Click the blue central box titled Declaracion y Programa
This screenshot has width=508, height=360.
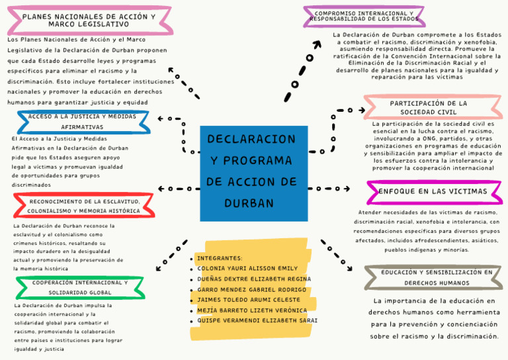[254, 173]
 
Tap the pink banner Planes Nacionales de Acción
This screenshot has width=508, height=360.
[90, 20]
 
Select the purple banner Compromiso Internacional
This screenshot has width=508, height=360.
[364, 16]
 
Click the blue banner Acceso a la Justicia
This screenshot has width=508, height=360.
[83, 122]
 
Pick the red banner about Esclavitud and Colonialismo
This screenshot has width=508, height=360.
[84, 205]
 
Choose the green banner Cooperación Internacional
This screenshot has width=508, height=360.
[80, 287]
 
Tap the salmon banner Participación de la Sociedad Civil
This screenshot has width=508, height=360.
[433, 107]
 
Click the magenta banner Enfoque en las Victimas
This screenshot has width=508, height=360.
[435, 192]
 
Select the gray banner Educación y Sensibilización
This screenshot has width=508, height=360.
[433, 277]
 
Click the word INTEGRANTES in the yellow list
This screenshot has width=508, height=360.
[220, 258]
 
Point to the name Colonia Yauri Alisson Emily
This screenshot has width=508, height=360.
[247, 268]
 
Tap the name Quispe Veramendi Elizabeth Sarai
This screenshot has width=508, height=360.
[257, 320]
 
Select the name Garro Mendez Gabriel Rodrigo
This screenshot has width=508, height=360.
[252, 290]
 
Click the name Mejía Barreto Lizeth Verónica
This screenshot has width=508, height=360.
[252, 310]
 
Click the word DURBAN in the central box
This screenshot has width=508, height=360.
[249, 203]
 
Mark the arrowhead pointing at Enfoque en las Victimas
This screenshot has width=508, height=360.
[347, 189]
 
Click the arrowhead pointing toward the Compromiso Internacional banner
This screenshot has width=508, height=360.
[317, 44]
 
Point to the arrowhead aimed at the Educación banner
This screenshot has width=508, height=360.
[349, 268]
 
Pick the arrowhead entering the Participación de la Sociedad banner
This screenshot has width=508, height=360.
[362, 110]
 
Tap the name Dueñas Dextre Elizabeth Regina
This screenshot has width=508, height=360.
[254, 279]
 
